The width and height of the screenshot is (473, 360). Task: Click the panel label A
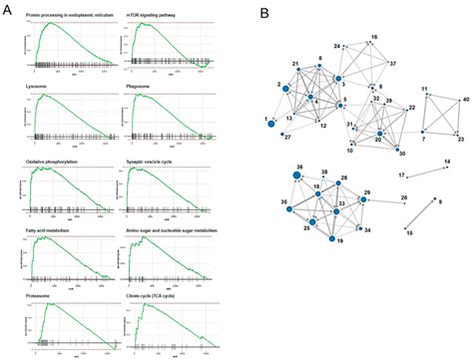8,11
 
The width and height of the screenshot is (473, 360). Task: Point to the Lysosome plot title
38,87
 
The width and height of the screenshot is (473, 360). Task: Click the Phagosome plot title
146,87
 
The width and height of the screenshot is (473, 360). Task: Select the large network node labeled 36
297,176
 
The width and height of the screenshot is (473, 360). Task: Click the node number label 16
374,37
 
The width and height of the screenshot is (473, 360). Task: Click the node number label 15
408,232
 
